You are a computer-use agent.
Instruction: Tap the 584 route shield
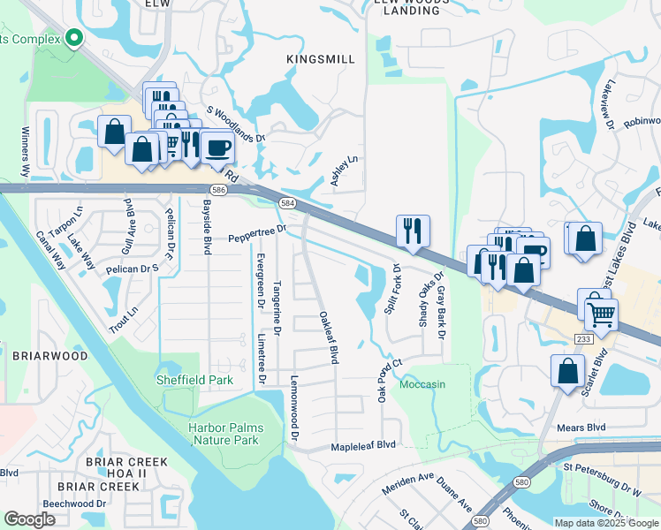click(x=288, y=203)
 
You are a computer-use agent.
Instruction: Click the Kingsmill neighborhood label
click(x=321, y=59)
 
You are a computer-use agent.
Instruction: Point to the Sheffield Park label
click(x=194, y=380)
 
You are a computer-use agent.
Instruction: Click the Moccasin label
click(x=422, y=385)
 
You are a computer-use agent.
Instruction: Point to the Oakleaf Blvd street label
click(x=329, y=337)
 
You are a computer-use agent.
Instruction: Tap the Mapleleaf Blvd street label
click(x=363, y=447)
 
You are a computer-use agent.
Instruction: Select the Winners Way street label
click(x=25, y=154)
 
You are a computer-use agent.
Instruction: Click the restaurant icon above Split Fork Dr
click(x=413, y=231)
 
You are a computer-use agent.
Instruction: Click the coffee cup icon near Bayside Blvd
click(x=217, y=146)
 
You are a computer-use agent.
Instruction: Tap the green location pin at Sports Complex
click(x=74, y=38)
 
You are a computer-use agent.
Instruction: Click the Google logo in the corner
click(x=29, y=519)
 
